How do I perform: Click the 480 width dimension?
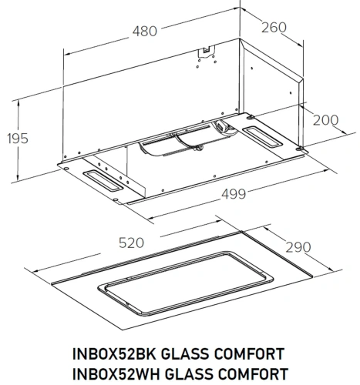click(x=143, y=32)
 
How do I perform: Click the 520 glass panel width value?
click(x=132, y=242)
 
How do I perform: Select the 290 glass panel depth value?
click(x=298, y=247)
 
